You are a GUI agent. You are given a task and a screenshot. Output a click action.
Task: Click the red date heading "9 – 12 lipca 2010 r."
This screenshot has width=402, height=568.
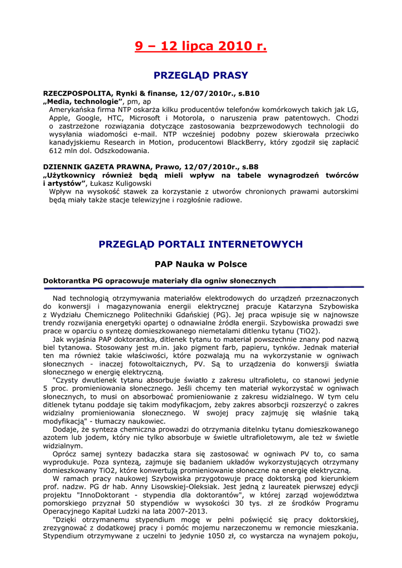(200, 46)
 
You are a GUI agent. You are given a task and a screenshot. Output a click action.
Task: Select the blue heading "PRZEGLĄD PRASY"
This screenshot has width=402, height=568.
(200, 75)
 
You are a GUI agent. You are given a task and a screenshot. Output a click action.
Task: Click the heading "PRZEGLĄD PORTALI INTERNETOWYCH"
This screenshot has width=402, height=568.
(200, 244)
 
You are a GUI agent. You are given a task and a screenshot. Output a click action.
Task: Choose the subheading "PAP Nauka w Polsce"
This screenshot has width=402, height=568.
(200, 264)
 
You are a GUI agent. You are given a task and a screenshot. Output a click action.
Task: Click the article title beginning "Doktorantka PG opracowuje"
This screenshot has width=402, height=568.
(159, 281)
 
